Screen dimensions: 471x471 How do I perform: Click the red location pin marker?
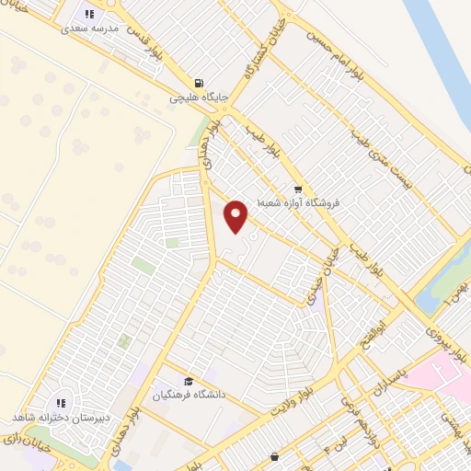click(x=237, y=215)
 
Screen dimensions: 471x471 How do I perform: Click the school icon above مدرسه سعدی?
click(x=89, y=14)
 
